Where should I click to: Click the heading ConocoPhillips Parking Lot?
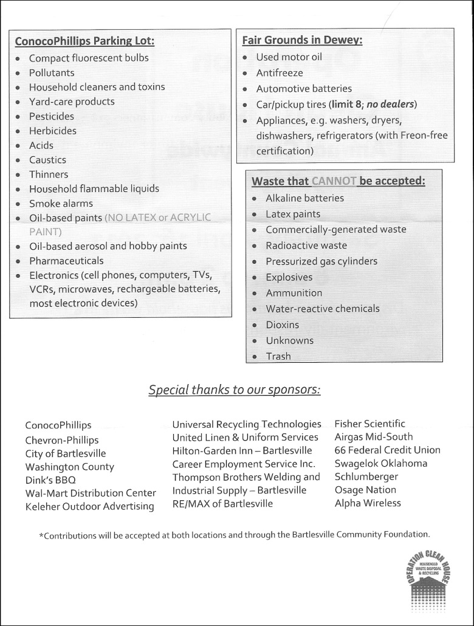coord(84,41)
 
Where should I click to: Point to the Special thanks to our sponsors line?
coord(235,390)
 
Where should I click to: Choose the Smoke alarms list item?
coord(61,204)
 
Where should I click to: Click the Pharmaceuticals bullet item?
coord(66,261)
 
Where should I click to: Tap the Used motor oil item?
coord(289,57)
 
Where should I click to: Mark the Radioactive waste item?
coord(306,246)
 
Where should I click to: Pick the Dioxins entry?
coord(282,325)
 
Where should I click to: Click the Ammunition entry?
coord(294,293)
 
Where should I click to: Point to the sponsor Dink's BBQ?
coord(50,480)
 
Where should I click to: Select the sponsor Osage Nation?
coord(365,490)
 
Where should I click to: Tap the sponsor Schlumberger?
coord(366,476)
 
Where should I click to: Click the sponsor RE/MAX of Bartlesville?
coord(222,503)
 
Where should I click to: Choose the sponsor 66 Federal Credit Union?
coord(387,450)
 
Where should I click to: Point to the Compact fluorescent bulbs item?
coord(89,58)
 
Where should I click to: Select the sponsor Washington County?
coord(69,467)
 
